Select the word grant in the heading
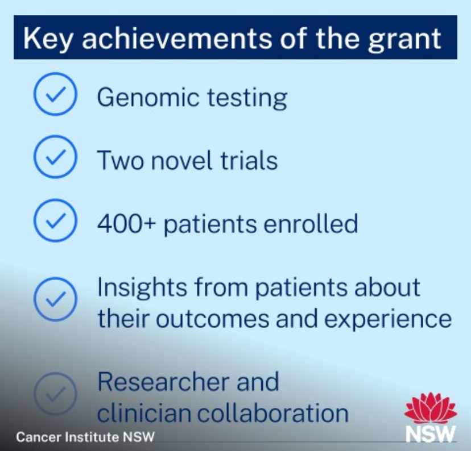pos(404,41)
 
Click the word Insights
pos(142,289)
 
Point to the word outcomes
pos(213,319)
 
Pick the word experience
pos(388,320)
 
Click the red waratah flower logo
pos(431,408)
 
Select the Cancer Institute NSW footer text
pos(85,437)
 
